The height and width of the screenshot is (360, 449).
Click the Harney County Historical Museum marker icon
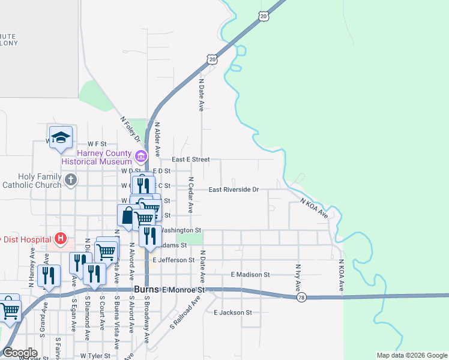[x=141, y=157]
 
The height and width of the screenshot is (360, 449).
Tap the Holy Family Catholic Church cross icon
[x=71, y=179]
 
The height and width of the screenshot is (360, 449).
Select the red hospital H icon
[x=60, y=239]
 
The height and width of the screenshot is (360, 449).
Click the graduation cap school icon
[x=61, y=137]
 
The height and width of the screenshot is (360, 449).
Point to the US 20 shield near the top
[x=264, y=17]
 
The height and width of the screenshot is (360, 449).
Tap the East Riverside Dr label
[x=234, y=190]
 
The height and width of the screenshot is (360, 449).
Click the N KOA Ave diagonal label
[x=314, y=208]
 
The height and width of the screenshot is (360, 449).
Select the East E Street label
[x=190, y=160]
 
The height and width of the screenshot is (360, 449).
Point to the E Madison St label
[x=250, y=274]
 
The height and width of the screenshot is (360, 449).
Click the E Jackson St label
[x=233, y=313]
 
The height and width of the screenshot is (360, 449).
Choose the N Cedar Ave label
[x=190, y=195]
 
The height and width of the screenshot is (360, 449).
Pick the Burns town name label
[x=145, y=289]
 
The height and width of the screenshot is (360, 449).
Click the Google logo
[x=20, y=353]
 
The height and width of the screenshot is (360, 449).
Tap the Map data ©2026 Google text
[x=411, y=355]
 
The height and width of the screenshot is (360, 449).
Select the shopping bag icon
[x=128, y=216]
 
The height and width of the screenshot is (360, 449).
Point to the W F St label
[x=96, y=144]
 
